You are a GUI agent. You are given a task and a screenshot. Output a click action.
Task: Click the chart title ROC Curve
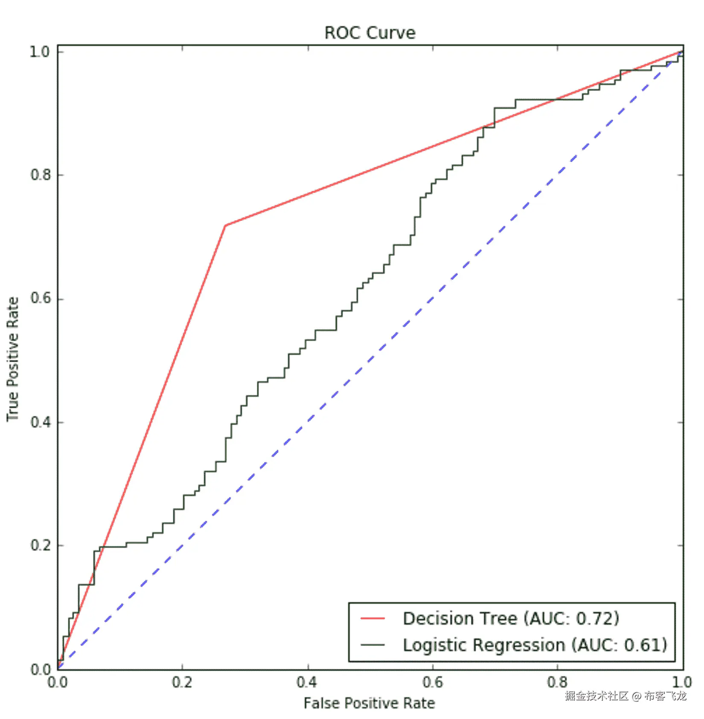click(369, 33)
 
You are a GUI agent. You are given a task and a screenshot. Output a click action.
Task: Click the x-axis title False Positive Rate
click(369, 703)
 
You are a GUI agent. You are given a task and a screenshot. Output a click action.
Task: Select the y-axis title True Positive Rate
click(13, 359)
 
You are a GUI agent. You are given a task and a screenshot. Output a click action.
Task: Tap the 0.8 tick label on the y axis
click(40, 175)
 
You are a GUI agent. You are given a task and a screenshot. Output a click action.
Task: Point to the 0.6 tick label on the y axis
click(40, 298)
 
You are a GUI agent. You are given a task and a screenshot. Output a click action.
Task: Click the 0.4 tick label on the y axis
click(40, 422)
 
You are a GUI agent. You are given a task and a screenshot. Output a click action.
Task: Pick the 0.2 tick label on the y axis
click(40, 545)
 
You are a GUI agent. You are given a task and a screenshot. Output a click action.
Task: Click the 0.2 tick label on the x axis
click(182, 682)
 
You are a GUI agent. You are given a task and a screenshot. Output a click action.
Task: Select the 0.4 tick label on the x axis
click(307, 682)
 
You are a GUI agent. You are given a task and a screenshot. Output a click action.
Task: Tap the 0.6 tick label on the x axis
click(432, 682)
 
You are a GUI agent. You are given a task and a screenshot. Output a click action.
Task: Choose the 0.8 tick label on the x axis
click(557, 682)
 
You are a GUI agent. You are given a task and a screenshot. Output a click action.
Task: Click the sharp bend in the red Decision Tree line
click(225, 225)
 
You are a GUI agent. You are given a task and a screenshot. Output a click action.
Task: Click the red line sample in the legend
click(372, 618)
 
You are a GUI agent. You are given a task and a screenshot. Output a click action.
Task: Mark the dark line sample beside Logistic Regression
click(372, 645)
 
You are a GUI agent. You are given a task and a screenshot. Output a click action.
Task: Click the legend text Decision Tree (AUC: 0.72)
click(511, 618)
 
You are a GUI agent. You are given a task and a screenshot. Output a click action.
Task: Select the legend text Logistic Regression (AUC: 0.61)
click(535, 645)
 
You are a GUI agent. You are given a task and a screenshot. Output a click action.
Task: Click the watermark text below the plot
click(625, 696)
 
